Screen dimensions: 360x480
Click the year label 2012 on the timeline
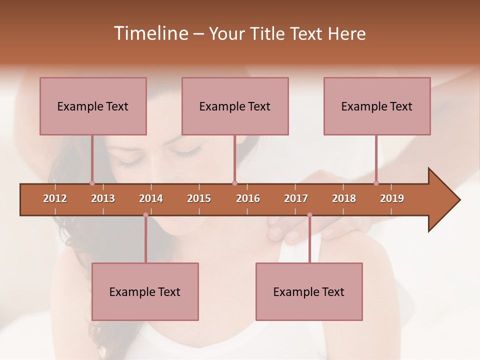(55, 198)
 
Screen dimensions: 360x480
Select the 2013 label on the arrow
(103, 198)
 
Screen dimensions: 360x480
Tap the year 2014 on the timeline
(151, 198)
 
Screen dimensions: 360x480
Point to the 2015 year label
(199, 198)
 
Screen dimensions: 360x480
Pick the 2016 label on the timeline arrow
(248, 198)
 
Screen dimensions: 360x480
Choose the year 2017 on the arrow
(296, 198)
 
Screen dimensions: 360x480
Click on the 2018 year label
(344, 198)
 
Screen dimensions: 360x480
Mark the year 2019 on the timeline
(392, 198)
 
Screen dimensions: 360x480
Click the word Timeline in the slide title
(150, 33)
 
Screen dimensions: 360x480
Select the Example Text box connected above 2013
(93, 106)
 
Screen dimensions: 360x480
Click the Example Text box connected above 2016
(235, 106)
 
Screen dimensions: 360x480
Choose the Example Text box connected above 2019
(377, 106)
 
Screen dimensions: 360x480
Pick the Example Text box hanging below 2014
(145, 291)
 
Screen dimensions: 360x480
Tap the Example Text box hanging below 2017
(309, 291)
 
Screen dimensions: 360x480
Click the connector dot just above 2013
(92, 183)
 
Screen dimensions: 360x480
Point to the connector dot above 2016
(234, 183)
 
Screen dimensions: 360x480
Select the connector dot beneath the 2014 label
(145, 215)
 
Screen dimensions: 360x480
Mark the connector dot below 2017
(309, 215)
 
